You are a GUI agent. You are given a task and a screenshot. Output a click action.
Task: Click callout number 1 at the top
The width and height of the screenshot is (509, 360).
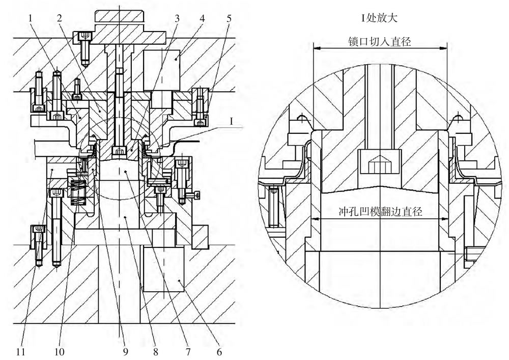pyautogui.click(x=31, y=18)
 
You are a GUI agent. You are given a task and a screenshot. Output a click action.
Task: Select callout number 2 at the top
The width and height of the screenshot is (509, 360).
pyautogui.click(x=59, y=18)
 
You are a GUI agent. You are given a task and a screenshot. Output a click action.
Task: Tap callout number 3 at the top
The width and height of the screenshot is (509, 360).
pyautogui.click(x=177, y=18)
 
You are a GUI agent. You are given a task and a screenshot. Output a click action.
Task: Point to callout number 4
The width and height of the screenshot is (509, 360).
pyautogui.click(x=202, y=18)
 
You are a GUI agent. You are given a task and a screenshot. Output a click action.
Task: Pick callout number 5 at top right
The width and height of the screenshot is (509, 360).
pyautogui.click(x=229, y=18)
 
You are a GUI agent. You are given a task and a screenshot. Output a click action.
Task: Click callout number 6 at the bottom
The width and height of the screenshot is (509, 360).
pyautogui.click(x=219, y=351)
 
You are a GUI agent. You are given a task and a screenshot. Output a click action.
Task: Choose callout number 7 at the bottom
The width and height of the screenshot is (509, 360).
pyautogui.click(x=188, y=351)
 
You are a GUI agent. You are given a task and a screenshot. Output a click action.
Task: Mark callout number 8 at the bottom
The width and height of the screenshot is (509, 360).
pyautogui.click(x=155, y=351)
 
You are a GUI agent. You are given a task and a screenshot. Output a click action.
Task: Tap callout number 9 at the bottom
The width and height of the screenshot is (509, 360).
pyautogui.click(x=125, y=351)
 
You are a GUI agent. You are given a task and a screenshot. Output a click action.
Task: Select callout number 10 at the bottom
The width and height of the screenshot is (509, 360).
pyautogui.click(x=60, y=351)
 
